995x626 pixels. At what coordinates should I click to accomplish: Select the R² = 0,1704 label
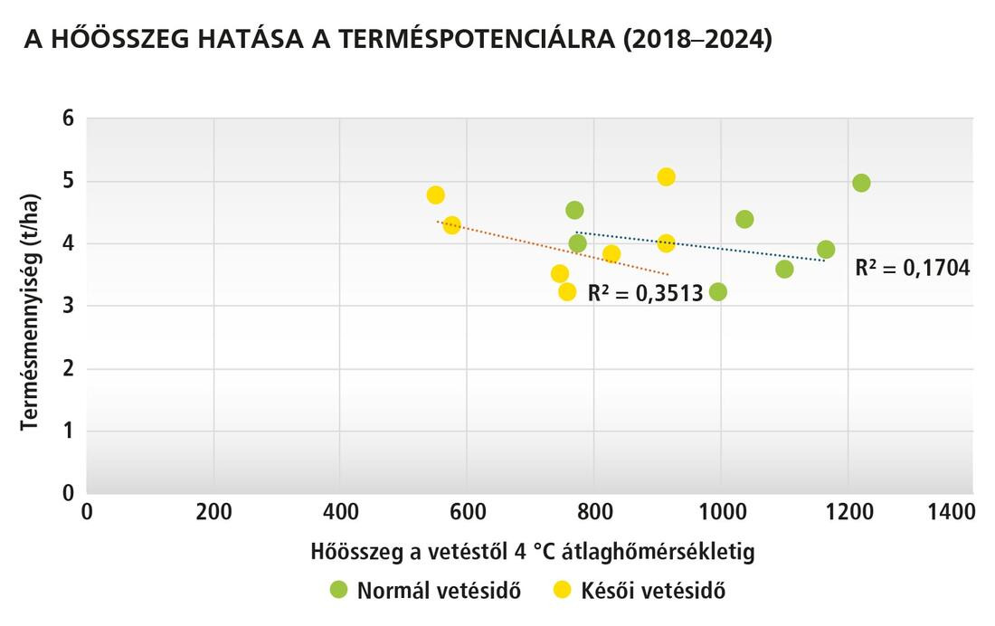click(x=913, y=268)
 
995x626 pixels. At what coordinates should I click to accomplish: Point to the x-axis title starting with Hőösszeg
click(x=532, y=550)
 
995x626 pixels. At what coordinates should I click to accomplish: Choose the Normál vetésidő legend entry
click(x=426, y=591)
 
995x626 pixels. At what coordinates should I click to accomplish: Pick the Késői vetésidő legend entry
click(x=640, y=591)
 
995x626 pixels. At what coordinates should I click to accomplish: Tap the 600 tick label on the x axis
click(x=467, y=511)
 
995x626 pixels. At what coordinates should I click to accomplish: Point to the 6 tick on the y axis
click(x=68, y=119)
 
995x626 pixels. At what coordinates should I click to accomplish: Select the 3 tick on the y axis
click(x=68, y=306)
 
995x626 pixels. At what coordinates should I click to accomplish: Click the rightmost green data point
click(x=861, y=183)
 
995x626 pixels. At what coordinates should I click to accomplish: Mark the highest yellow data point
click(x=666, y=176)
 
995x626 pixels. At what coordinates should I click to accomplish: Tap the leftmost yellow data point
click(x=435, y=195)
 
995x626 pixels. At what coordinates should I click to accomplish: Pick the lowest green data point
click(x=718, y=291)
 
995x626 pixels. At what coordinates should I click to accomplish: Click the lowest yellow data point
click(x=567, y=291)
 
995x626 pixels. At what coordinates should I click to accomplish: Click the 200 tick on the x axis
click(x=213, y=511)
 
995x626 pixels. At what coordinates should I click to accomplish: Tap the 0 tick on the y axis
click(x=68, y=493)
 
